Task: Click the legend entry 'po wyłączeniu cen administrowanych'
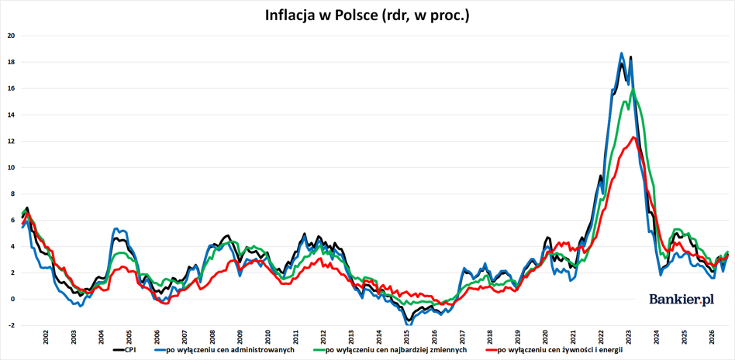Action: pyautogui.click(x=224, y=349)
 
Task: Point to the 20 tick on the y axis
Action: pyautogui.click(x=12, y=36)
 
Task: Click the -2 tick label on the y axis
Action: pyautogui.click(x=12, y=325)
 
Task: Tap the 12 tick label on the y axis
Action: pyautogui.click(x=12, y=141)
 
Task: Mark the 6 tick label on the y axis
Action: pyautogui.click(x=14, y=220)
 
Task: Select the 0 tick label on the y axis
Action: pyautogui.click(x=14, y=299)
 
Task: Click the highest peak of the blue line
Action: pyautogui.click(x=622, y=53)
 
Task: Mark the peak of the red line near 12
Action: pyautogui.click(x=633, y=137)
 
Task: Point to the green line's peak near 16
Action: pyautogui.click(x=633, y=88)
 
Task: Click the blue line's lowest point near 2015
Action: pyautogui.click(x=407, y=324)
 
